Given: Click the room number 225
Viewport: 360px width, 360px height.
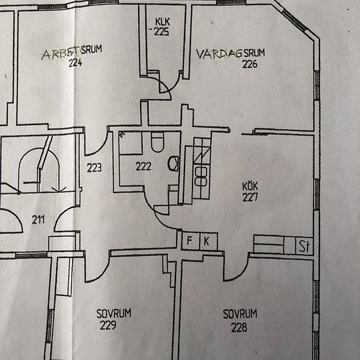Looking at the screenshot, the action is point(162,31).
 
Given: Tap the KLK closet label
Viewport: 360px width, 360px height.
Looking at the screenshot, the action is point(162,22).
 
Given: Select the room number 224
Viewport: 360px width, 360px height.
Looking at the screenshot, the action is point(75,63).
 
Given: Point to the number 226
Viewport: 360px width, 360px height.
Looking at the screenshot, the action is point(250,64).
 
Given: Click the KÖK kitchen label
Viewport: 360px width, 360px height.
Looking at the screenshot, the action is point(250,186).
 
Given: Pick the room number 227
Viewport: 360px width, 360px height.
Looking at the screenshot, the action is point(250,197).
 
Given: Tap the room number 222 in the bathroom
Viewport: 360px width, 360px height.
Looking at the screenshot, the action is point(143,166).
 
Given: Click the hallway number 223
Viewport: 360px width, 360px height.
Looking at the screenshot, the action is point(94,168).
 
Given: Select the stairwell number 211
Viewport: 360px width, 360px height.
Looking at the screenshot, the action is point(39,220).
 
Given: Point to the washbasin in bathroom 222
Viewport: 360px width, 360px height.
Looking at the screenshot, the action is point(173,164).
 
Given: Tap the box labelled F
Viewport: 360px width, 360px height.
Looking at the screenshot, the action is point(190,241).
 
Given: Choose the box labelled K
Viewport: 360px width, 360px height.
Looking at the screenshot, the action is point(209,241).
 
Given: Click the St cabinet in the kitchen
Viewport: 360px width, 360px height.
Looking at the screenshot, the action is point(304,246).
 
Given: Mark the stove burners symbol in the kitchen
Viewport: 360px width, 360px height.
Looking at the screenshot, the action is point(201,176).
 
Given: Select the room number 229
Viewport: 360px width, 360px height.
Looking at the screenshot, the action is point(108,325).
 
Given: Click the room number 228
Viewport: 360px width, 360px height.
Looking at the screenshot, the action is point(239,328).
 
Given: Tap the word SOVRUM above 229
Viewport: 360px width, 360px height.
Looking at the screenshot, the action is point(114,314).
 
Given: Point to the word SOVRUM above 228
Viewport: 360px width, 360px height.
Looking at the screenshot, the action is point(240,314).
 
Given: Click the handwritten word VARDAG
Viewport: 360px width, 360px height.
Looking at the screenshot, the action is point(219,54).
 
